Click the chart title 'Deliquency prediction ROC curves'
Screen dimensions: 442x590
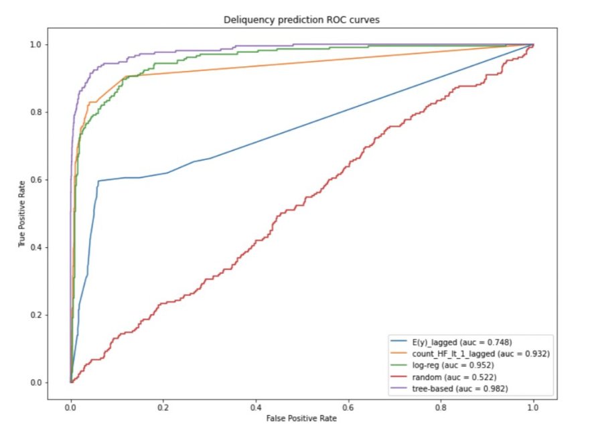pyautogui.click(x=302, y=21)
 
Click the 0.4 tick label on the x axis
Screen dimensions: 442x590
pyautogui.click(x=256, y=405)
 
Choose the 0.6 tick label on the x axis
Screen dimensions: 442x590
pyautogui.click(x=348, y=405)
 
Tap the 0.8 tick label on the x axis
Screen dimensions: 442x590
pyautogui.click(x=441, y=405)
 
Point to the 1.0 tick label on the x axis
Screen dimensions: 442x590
pyautogui.click(x=534, y=405)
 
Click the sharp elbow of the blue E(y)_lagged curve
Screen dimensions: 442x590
pyautogui.click(x=98, y=181)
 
